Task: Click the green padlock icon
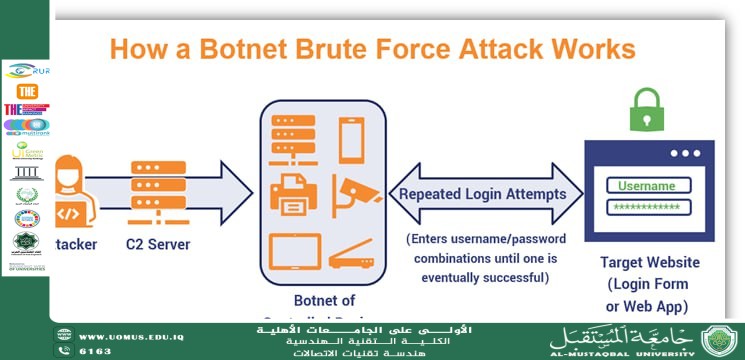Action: click(647, 110)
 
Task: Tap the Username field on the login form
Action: click(646, 186)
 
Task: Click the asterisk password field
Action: click(646, 206)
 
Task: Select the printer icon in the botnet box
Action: click(294, 189)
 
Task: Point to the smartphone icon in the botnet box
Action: click(351, 140)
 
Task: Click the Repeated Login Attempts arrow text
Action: click(482, 195)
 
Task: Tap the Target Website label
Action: click(648, 263)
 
